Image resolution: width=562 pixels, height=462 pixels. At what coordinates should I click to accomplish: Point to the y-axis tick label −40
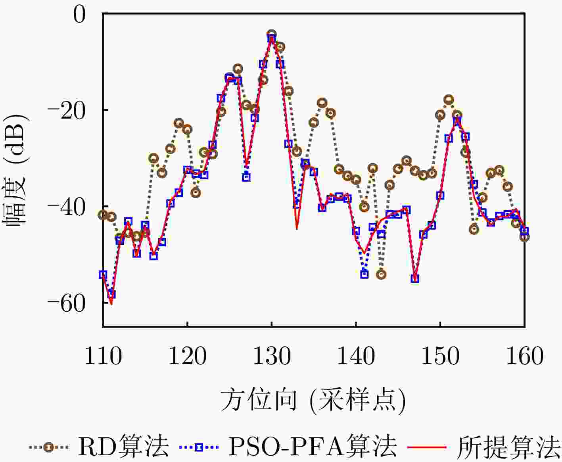point(66,207)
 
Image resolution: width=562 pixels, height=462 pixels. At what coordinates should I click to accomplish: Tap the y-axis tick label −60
point(66,303)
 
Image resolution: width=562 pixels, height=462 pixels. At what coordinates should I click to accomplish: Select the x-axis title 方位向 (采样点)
point(313,400)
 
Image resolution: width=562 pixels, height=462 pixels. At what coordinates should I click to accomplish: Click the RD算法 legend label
point(123,447)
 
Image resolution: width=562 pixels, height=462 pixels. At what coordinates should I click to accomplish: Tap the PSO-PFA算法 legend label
point(313,447)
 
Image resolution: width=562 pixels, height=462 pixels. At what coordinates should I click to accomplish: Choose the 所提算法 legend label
point(509,447)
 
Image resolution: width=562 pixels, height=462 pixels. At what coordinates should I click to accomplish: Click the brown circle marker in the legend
point(48,447)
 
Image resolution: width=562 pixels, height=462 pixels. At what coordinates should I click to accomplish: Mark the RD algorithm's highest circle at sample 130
point(272,34)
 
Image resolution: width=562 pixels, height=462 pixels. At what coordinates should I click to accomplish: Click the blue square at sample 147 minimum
point(415,279)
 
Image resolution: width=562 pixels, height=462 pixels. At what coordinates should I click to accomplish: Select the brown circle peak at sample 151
point(449,100)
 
